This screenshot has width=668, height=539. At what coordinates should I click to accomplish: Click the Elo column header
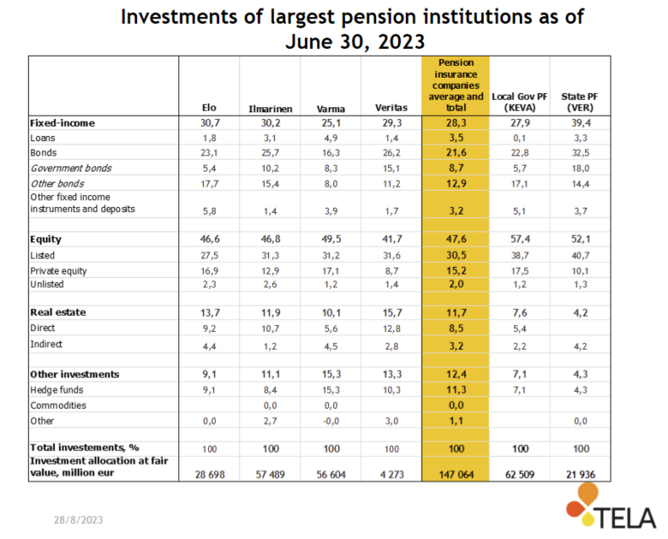(x=209, y=107)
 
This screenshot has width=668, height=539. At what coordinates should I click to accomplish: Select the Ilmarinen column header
(x=270, y=109)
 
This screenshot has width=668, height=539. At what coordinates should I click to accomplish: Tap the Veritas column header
(x=391, y=107)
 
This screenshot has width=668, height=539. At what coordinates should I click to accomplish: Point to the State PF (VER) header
(x=580, y=102)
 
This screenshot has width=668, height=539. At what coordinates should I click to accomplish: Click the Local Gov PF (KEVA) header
(x=519, y=102)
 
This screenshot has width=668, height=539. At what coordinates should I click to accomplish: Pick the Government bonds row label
(x=71, y=168)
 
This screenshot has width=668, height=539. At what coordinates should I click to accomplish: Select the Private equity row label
(x=58, y=271)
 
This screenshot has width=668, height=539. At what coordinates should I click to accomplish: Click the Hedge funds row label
(x=57, y=390)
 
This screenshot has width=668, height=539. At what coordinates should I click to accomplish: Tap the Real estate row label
(x=58, y=313)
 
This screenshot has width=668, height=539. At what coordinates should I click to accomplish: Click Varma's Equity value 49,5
(x=331, y=239)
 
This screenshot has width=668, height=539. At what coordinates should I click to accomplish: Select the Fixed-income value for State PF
(x=580, y=123)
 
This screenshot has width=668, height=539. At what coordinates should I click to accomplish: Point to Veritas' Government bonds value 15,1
(x=391, y=169)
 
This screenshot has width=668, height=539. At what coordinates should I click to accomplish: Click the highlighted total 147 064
(x=457, y=474)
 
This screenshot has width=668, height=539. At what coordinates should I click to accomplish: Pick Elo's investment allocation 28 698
(x=210, y=474)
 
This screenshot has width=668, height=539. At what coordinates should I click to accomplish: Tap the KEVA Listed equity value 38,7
(x=520, y=255)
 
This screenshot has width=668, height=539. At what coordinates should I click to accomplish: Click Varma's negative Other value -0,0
(x=331, y=421)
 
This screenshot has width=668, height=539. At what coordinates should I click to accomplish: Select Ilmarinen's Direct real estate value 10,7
(x=270, y=329)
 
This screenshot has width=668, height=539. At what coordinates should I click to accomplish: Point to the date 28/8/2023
(x=79, y=520)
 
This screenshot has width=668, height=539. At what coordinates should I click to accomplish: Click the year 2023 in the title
(x=402, y=41)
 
